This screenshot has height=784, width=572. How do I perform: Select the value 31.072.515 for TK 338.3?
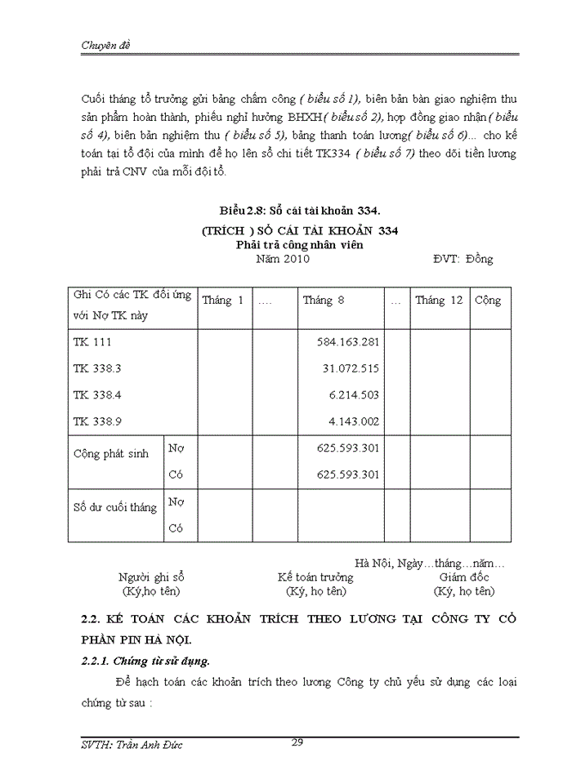pyautogui.click(x=351, y=368)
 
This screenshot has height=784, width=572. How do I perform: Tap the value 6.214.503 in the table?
pyautogui.click(x=354, y=394)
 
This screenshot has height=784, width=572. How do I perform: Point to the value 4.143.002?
pyautogui.click(x=354, y=421)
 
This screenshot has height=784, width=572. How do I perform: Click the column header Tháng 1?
pyautogui.click(x=223, y=301)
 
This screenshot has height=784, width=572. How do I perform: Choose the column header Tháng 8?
pyautogui.click(x=324, y=301)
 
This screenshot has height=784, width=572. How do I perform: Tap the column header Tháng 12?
pyautogui.click(x=439, y=301)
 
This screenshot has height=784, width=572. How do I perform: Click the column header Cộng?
pyautogui.click(x=488, y=301)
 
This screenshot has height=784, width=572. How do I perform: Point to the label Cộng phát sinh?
pyautogui.click(x=111, y=454)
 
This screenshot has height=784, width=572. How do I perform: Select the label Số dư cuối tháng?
pyautogui.click(x=114, y=507)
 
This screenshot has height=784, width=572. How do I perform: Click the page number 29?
pyautogui.click(x=297, y=742)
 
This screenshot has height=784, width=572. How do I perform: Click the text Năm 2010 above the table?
pyautogui.click(x=283, y=259)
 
